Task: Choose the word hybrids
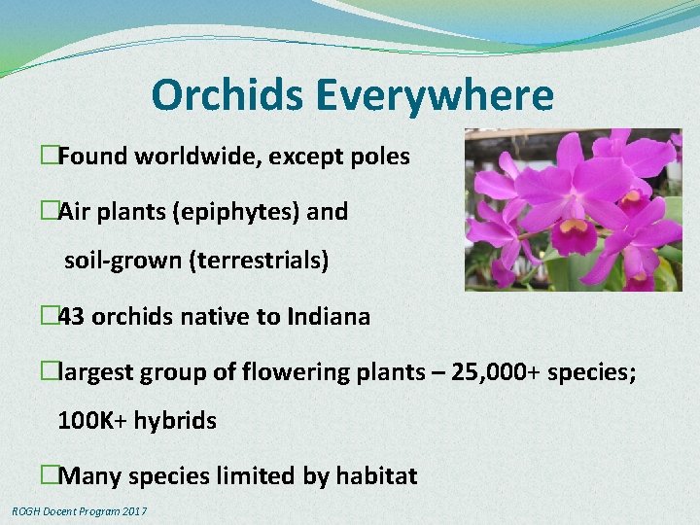point(176,421)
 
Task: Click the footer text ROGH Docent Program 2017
point(80,511)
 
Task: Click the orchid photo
point(573,210)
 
